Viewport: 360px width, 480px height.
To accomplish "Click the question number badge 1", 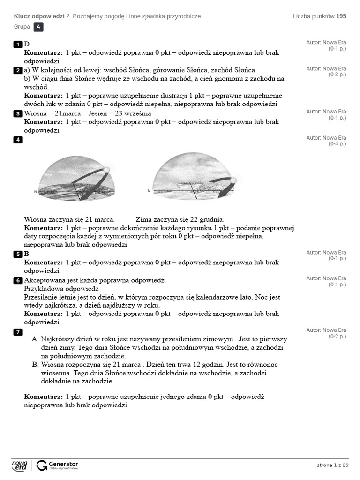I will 18,45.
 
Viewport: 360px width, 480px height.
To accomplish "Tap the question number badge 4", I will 18,140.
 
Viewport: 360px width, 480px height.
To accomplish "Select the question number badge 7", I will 18,332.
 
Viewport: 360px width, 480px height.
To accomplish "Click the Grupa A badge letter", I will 38,27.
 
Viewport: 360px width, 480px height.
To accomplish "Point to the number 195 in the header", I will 341,16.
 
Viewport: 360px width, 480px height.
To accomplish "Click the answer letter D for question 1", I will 27,45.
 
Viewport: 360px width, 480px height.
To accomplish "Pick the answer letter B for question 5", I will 27,254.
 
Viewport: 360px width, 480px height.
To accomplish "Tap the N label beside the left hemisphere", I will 35,192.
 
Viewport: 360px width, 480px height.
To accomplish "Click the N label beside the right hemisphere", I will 149,191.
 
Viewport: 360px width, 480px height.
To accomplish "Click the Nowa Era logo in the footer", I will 20,465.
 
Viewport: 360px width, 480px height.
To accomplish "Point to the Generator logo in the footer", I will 57,465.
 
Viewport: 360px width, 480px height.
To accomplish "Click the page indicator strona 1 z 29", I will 333,465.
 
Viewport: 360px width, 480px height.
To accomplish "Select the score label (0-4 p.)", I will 337,144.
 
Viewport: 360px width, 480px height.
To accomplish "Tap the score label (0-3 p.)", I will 337,75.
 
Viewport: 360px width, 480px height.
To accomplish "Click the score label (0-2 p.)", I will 337,337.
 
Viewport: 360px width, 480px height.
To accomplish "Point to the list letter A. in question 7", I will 35,339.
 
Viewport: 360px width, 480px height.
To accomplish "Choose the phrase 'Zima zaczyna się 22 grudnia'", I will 180,219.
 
